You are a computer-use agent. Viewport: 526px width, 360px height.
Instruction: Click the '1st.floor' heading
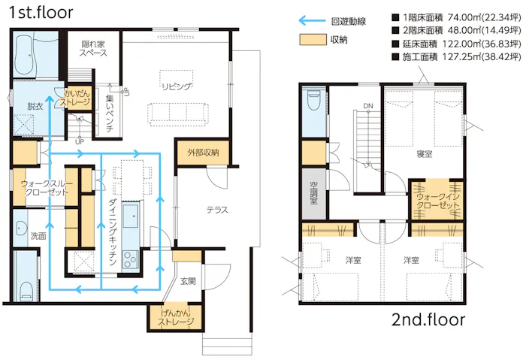pos(41,13)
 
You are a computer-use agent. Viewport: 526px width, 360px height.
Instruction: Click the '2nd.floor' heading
pos(428,319)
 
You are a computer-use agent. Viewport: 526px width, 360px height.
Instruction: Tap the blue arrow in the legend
pos(312,21)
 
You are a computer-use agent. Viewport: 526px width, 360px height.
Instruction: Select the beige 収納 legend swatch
pos(313,40)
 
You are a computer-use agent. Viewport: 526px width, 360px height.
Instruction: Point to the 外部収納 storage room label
pos(203,153)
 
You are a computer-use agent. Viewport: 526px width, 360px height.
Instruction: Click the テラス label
pos(217,210)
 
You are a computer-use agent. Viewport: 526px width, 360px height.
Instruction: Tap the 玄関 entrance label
pos(188,281)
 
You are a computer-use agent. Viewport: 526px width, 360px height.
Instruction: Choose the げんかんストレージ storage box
pos(175,317)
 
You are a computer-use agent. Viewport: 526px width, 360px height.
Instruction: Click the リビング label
pos(177,86)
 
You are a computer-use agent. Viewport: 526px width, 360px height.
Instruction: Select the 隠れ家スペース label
pos(93,49)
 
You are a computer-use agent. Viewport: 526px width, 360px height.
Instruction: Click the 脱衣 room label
pos(35,107)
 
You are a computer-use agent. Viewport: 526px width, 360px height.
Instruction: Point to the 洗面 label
pos(38,236)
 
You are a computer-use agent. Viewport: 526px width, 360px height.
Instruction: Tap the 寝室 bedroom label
pos(424,154)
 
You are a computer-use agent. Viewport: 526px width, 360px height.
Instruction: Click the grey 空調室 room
pos(313,194)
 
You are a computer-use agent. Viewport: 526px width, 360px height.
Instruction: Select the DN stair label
pos(368,106)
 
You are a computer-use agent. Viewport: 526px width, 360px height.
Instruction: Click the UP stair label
pos(80,141)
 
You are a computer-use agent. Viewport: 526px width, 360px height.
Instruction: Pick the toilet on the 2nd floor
pos(313,100)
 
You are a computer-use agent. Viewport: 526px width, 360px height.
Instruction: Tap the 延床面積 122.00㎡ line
pos(456,44)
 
